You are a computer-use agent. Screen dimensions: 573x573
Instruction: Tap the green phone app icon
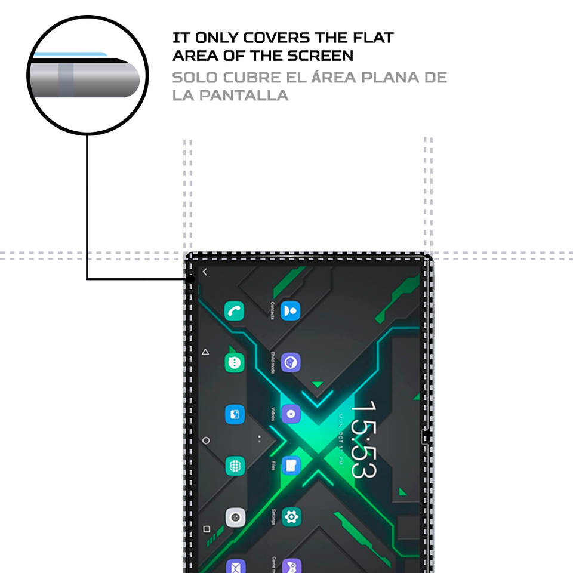click(235, 311)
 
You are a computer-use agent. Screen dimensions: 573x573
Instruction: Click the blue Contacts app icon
click(291, 311)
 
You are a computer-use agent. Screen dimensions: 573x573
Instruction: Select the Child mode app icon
click(291, 362)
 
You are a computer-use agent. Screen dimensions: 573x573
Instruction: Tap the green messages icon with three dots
click(235, 362)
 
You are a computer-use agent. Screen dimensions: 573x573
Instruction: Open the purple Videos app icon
click(291, 414)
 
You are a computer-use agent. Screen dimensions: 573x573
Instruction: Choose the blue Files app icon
click(291, 465)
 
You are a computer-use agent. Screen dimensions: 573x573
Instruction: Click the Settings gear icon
click(291, 516)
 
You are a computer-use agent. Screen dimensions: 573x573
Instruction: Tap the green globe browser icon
click(235, 466)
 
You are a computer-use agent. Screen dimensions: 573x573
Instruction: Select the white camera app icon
click(235, 517)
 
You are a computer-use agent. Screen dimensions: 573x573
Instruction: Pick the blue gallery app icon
click(235, 414)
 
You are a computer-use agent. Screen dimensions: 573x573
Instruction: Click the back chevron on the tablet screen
click(205, 272)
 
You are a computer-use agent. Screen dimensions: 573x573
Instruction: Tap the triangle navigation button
click(205, 352)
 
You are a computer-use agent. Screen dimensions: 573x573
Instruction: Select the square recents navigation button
click(206, 529)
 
